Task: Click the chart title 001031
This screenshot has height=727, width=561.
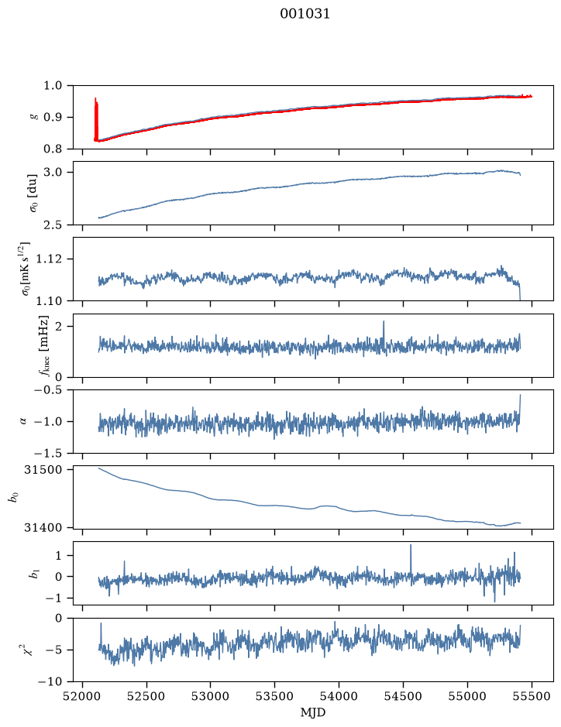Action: coord(305,14)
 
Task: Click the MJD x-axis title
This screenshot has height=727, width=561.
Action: coord(313,712)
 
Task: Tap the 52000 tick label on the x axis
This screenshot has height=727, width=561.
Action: coord(83,696)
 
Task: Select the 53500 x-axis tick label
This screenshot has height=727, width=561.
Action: coord(275,696)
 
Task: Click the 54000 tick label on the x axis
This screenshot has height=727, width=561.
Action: coord(339,696)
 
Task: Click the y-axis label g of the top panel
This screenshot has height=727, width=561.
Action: coord(33,118)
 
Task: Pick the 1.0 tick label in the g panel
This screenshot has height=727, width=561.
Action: coord(53,86)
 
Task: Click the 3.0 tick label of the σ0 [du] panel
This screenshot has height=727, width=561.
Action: coord(53,173)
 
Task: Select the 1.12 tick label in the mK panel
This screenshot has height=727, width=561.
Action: coord(49,259)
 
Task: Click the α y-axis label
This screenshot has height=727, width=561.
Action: coord(23,421)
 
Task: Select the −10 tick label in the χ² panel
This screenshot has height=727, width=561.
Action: coord(51,681)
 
